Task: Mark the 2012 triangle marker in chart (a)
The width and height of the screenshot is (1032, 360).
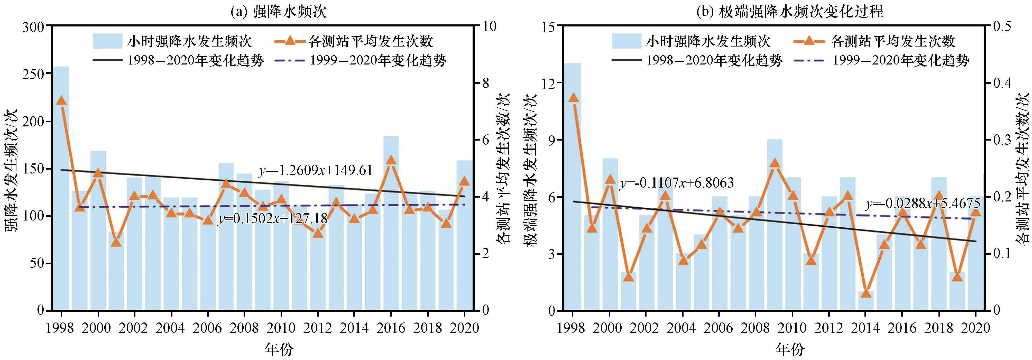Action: pos(318,233)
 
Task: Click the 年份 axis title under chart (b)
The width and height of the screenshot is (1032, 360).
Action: pos(790,349)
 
